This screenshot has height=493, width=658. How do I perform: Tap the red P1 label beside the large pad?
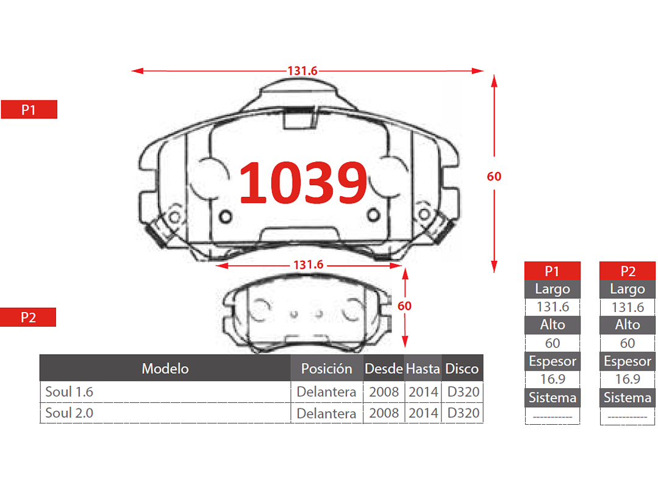point(29,110)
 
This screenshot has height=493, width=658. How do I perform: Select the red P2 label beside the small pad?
point(28,317)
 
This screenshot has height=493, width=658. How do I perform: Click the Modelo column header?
point(165,368)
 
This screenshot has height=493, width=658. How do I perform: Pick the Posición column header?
point(326,368)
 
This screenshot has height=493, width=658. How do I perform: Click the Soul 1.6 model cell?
point(70,392)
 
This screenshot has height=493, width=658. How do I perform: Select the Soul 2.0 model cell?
point(70,413)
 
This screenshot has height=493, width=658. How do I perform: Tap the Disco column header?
point(462,368)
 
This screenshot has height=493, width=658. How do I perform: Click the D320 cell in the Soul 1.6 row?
point(463,392)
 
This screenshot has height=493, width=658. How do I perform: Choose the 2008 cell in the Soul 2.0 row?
point(384,413)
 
